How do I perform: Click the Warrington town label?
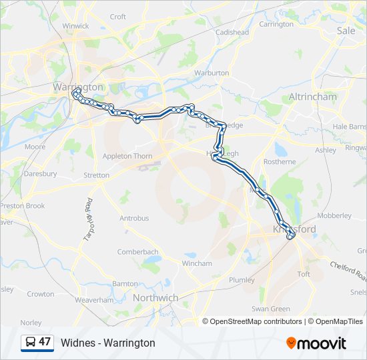coord(78,87)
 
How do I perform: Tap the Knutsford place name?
coord(294,229)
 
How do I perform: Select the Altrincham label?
coord(312,97)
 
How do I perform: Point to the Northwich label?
coord(155,297)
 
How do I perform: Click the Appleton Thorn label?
coord(127,156)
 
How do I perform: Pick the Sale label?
coord(346,31)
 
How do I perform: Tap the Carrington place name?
coord(276,24)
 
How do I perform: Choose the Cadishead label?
coord(232,32)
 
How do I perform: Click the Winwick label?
coord(75,26)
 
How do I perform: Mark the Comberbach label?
coord(137,252)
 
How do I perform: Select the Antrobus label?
coord(133,218)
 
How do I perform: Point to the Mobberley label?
coord(334,216)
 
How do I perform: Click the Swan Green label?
coord(270,309)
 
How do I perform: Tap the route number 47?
coord(45,342)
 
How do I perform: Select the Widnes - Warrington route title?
coord(108,343)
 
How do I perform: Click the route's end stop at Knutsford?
coord(290,235)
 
